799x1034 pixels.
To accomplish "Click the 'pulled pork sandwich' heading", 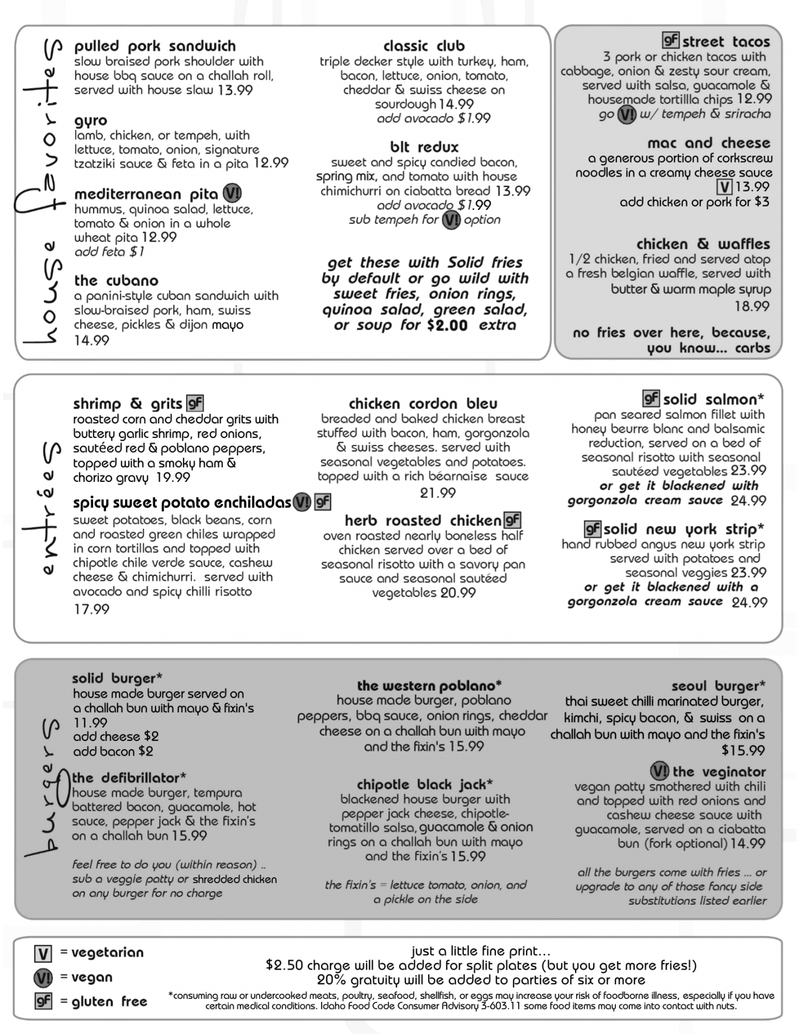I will pyautogui.click(x=154, y=46).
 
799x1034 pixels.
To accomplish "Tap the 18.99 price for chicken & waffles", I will pyautogui.click(x=752, y=306).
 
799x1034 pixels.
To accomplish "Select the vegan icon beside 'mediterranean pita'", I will pyautogui.click(x=232, y=194).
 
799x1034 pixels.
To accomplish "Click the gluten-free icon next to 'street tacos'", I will pyautogui.click(x=670, y=40).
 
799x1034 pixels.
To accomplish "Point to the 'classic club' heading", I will pyautogui.click(x=423, y=46).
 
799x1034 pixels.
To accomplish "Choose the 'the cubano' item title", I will pyautogui.click(x=116, y=281).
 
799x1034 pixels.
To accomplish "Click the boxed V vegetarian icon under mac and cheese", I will pyautogui.click(x=724, y=187).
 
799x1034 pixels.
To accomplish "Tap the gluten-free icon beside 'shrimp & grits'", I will pyautogui.click(x=194, y=403).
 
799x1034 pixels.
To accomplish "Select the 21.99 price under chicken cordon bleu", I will pyautogui.click(x=438, y=493).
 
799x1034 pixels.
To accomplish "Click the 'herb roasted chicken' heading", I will pyautogui.click(x=422, y=521).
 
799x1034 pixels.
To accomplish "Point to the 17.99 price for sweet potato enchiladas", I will pyautogui.click(x=91, y=609).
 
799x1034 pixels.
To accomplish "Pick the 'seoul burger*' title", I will pyautogui.click(x=718, y=686).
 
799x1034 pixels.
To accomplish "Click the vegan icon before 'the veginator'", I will pyautogui.click(x=659, y=771).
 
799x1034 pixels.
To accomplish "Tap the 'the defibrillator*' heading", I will pyautogui.click(x=129, y=778).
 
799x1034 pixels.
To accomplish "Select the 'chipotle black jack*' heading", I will pyautogui.click(x=425, y=784).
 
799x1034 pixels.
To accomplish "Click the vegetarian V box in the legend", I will pyautogui.click(x=43, y=953).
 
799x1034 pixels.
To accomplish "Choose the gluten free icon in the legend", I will pyautogui.click(x=43, y=1001).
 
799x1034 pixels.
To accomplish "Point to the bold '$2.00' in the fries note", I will pyautogui.click(x=447, y=326).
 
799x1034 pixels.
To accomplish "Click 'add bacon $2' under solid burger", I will pyautogui.click(x=113, y=751).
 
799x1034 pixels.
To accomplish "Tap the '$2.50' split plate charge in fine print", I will pyautogui.click(x=284, y=965).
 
